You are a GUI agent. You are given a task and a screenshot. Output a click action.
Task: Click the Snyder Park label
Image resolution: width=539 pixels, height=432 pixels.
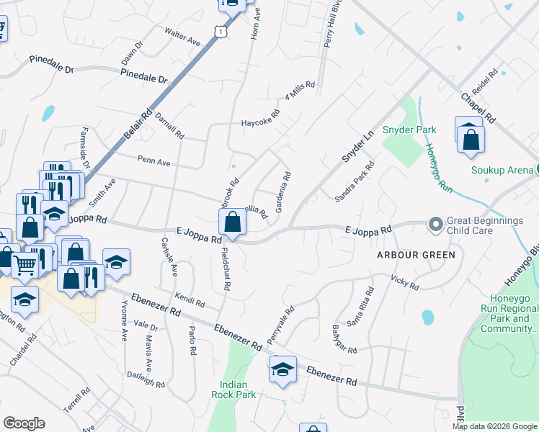click(409, 130)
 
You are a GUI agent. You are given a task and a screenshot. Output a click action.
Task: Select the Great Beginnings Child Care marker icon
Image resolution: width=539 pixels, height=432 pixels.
click(435, 225)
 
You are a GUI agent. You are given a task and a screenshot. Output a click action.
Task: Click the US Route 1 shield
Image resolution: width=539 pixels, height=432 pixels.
click(219, 31)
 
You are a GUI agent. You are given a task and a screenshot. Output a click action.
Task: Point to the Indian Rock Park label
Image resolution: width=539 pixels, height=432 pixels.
click(233, 390)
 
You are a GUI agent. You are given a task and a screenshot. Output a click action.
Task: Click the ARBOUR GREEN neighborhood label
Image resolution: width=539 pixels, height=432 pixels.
click(415, 255)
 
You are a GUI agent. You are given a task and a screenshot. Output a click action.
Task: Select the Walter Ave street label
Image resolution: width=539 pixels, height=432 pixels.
click(182, 37)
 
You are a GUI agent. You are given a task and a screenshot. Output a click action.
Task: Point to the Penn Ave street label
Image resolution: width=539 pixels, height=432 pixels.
click(153, 161)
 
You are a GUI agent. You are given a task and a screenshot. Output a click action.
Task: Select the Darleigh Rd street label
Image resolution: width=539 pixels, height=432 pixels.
click(146, 379)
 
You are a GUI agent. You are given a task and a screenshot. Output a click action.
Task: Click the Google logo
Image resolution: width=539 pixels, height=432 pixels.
click(24, 423)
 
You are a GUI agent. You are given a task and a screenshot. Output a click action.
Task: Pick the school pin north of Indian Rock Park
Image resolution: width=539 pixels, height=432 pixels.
click(282, 370)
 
